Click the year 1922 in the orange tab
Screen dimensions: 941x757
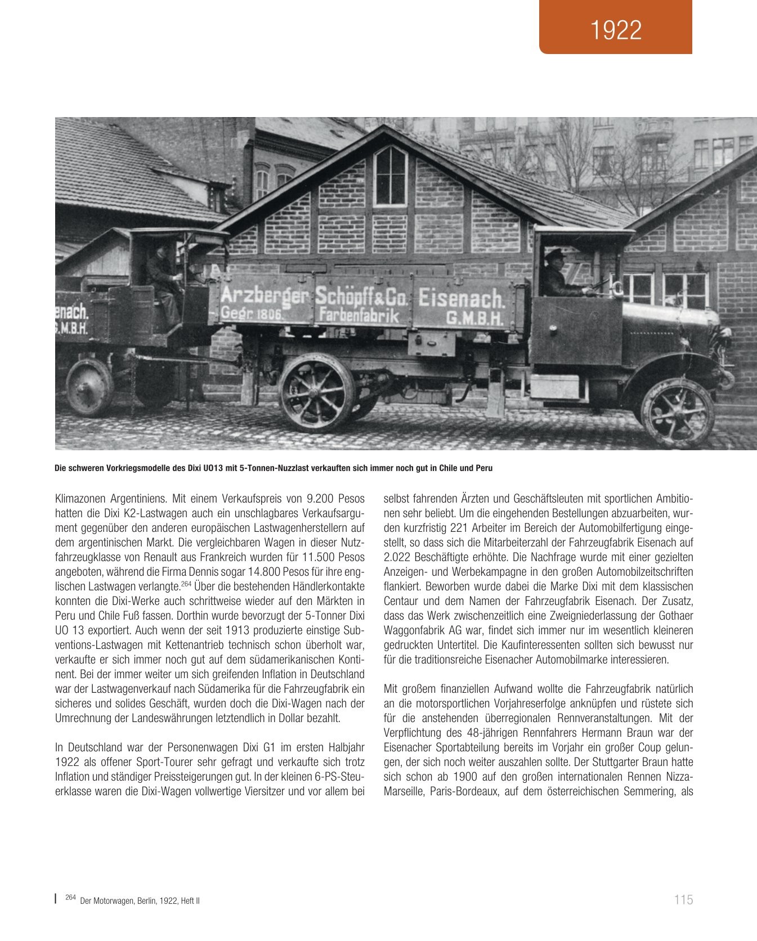[616, 30]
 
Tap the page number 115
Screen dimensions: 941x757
[683, 899]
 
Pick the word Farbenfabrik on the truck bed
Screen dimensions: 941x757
[359, 316]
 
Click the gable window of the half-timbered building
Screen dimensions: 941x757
[391, 176]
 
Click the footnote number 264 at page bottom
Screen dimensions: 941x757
[70, 898]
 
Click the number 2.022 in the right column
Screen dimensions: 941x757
[399, 557]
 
